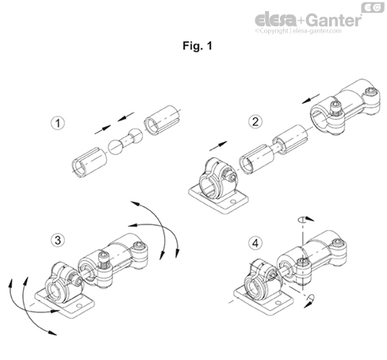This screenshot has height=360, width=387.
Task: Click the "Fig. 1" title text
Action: (x=193, y=45)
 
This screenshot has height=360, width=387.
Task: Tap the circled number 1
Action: (x=56, y=124)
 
